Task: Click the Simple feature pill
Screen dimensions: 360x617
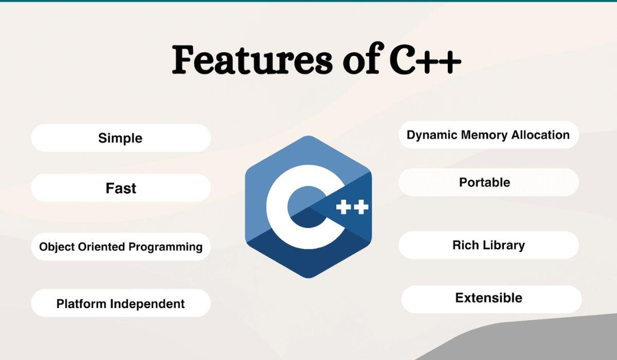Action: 121,138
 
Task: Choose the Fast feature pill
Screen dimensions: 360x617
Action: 121,188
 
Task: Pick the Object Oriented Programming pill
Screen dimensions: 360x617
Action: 121,247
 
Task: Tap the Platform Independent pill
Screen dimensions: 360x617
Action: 121,303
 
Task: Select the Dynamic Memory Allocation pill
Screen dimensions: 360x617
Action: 488,135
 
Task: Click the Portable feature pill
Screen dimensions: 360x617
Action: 488,183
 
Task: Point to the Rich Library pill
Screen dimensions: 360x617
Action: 488,245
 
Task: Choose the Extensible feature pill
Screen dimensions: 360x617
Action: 491,298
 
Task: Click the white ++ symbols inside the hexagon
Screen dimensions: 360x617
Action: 352,207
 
